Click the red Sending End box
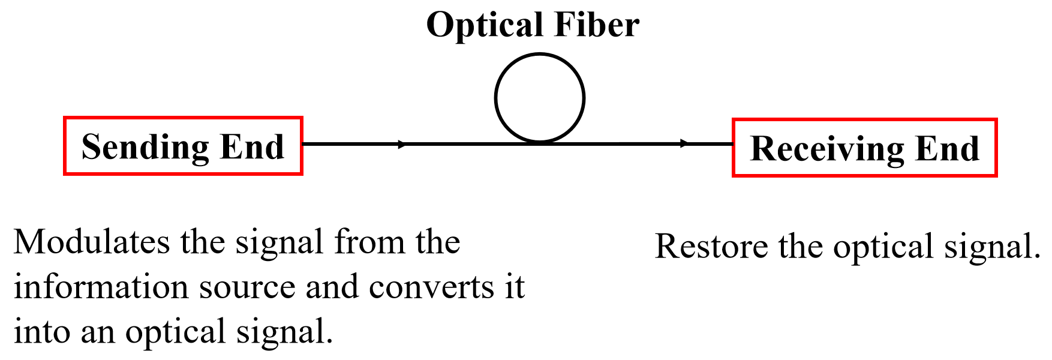coord(183,146)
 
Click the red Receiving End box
coord(864,148)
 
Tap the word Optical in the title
coord(484,25)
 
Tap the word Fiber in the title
coord(596,25)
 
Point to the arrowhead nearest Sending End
coord(402,144)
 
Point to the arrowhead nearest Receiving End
coord(684,143)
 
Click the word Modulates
coord(92,242)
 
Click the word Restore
coord(711,246)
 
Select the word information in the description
coord(101,286)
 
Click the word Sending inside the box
coord(145,148)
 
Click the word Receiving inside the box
coord(827,149)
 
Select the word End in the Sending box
coord(252,146)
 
